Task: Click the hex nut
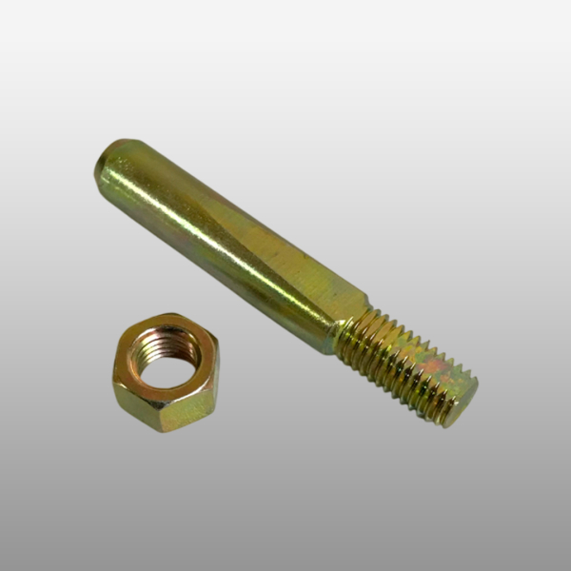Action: pos(164,371)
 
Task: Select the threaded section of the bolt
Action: pos(404,362)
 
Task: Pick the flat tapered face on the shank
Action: pos(285,276)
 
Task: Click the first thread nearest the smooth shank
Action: pos(350,328)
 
